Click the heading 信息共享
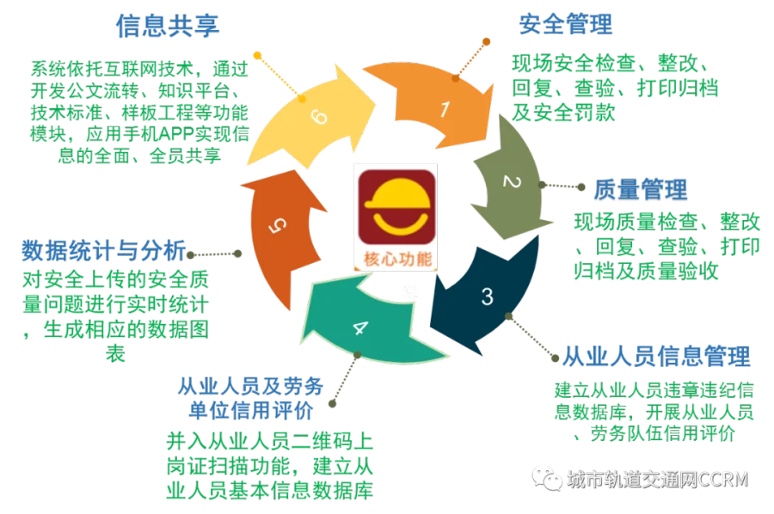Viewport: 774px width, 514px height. (168, 26)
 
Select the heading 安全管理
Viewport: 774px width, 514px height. (566, 24)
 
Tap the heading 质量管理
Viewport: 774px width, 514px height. (640, 189)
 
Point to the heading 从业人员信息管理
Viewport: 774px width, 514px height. (656, 356)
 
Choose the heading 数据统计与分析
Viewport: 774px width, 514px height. (104, 251)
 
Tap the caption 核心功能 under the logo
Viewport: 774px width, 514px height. (398, 259)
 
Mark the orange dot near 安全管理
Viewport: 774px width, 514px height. (486, 42)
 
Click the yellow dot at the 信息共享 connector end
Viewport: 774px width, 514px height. (257, 55)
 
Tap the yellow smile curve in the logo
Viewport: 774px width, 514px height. (400, 224)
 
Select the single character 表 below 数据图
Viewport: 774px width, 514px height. (115, 353)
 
